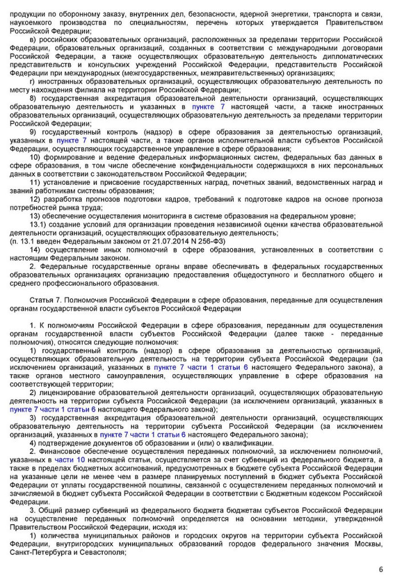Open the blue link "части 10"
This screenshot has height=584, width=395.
point(70,459)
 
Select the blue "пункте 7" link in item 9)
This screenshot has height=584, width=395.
point(72,140)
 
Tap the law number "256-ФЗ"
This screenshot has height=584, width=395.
point(212,241)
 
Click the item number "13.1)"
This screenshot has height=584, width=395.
point(39,224)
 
